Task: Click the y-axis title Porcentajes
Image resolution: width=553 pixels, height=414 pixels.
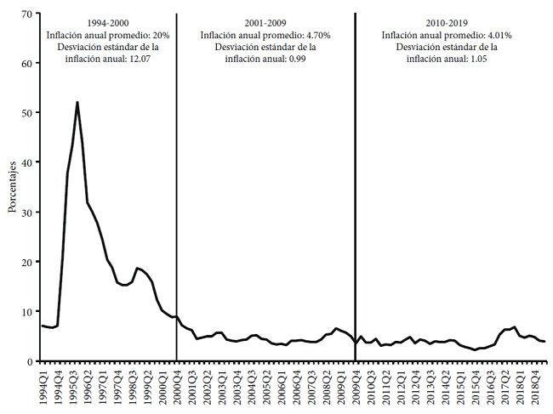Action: pos(13,188)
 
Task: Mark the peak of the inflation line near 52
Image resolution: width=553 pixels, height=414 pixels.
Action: pos(77,102)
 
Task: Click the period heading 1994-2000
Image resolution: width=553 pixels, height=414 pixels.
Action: pos(107,22)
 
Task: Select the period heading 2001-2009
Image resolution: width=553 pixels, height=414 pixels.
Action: pos(265,22)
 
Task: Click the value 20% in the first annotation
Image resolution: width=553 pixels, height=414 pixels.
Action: pos(160,35)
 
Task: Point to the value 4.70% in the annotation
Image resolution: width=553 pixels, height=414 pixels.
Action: pos(316,35)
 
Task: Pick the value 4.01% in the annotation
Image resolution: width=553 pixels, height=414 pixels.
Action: pos(498,35)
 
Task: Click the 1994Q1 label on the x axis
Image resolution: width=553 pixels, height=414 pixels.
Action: pos(43,385)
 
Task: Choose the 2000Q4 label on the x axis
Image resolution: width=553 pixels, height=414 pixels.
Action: pos(177,385)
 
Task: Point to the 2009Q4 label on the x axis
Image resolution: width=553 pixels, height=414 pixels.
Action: pos(356,385)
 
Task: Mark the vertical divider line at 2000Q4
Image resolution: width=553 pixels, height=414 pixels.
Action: pos(177,213)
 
